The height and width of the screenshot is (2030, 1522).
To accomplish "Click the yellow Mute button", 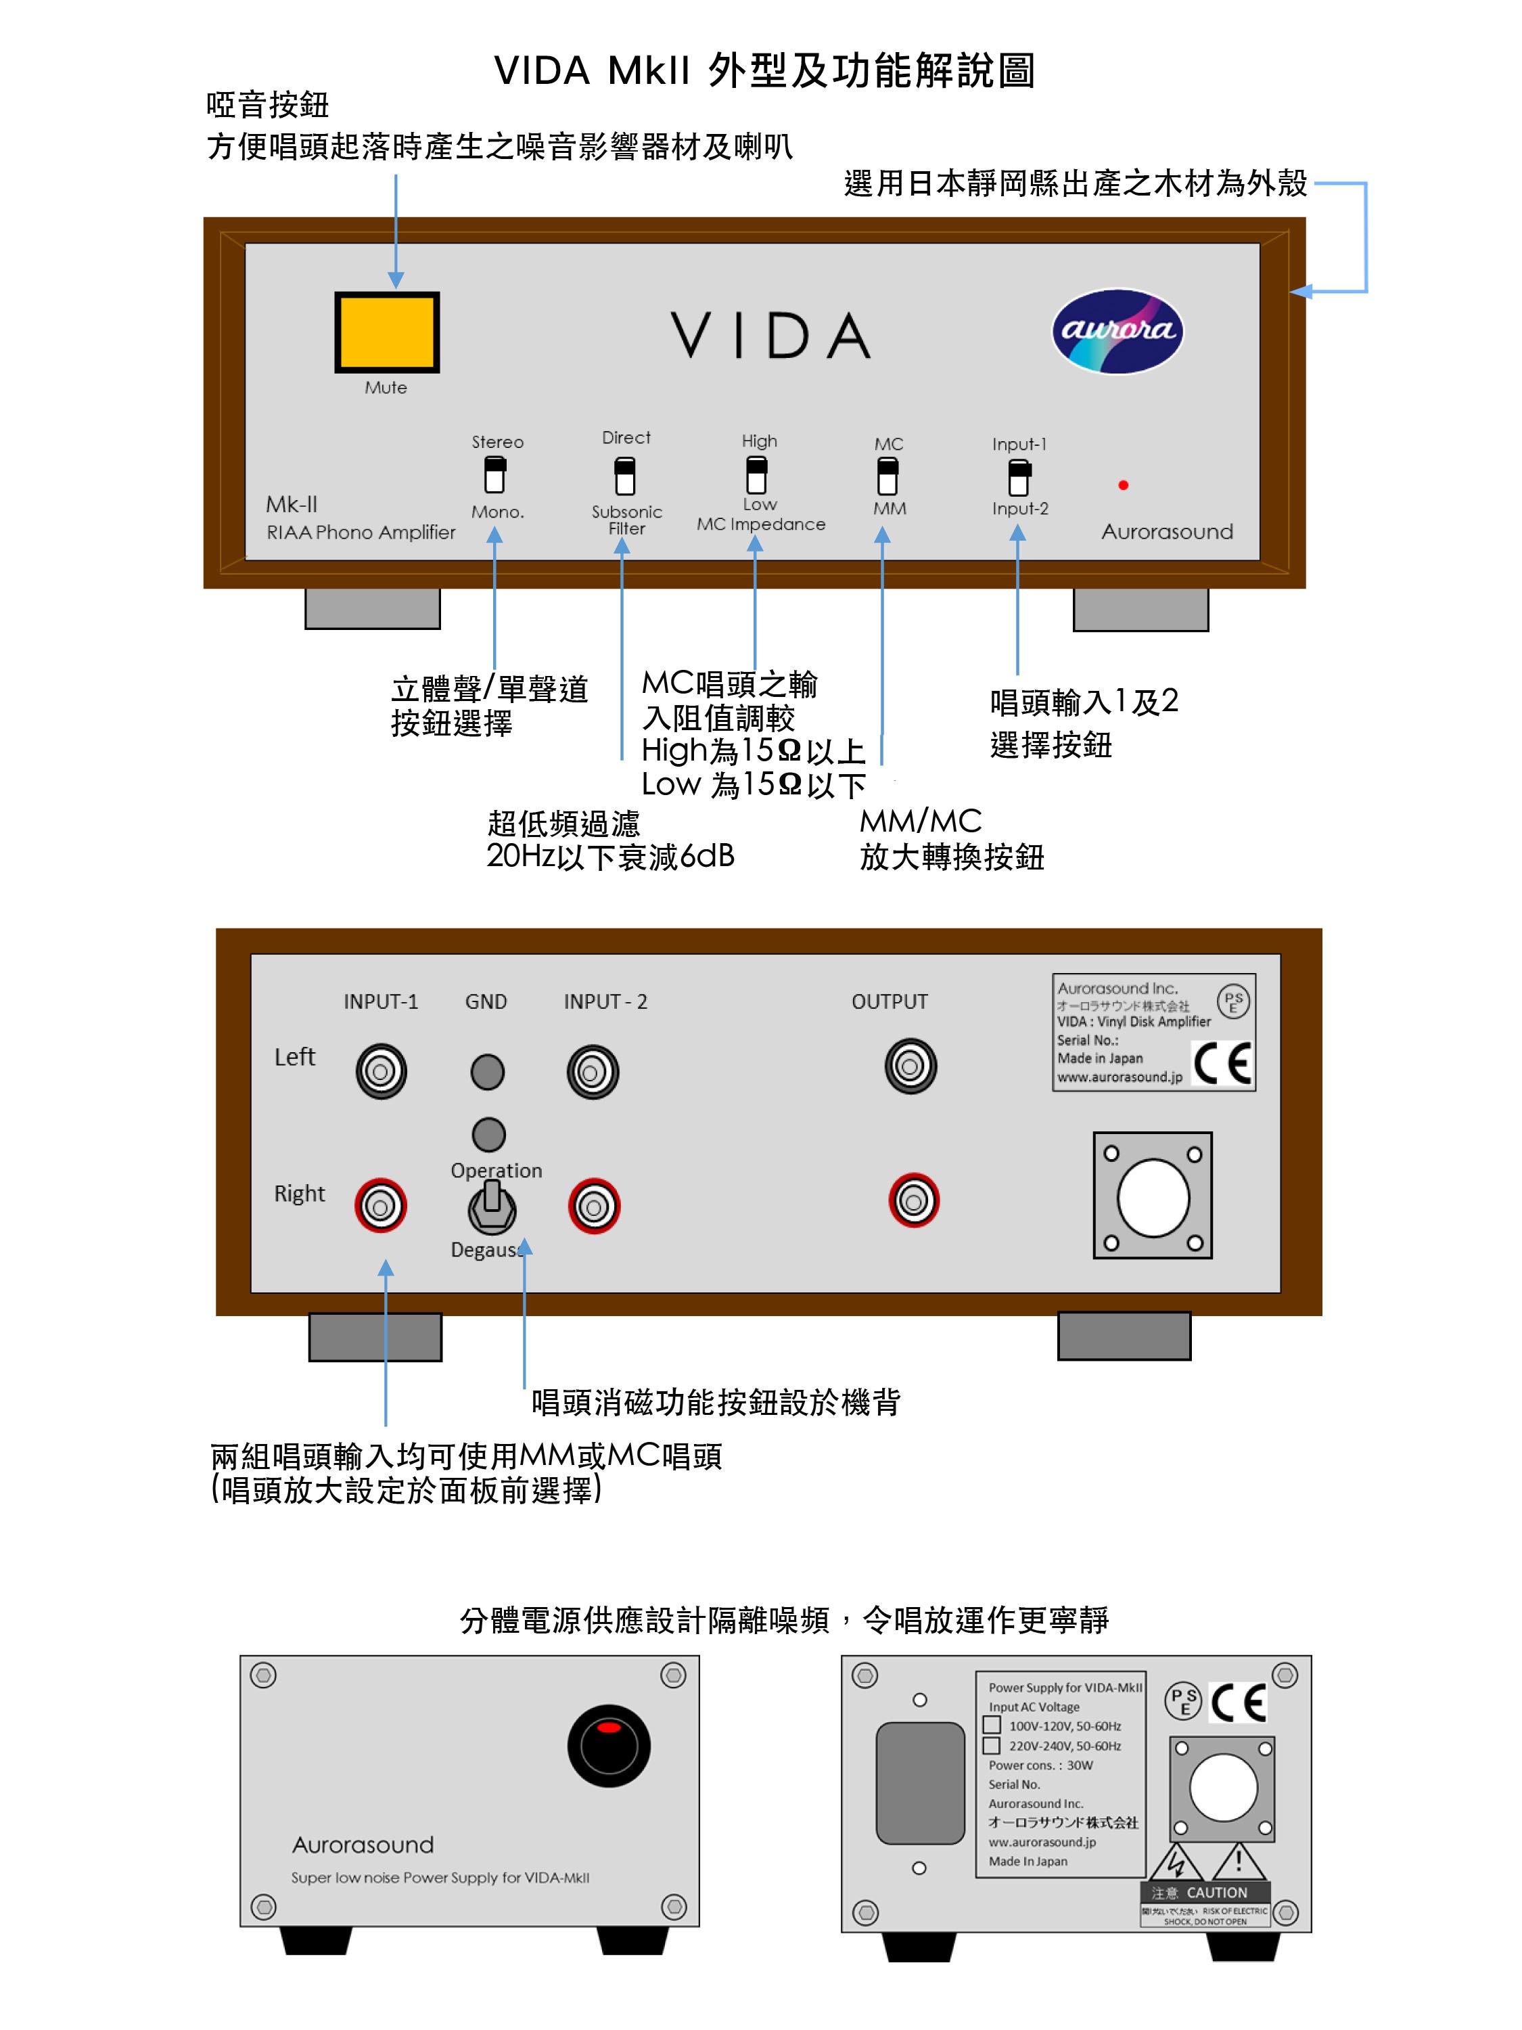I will pos(386,332).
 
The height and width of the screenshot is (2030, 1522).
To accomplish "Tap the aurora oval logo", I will pos(1117,332).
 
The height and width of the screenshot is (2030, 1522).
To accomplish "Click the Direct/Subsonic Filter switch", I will pos(625,476).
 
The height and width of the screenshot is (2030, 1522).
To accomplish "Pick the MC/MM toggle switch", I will pos(887,476).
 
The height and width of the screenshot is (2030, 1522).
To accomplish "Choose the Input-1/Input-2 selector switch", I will pos(1018,476).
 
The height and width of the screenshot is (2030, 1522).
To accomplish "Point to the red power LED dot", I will pos(1123,484).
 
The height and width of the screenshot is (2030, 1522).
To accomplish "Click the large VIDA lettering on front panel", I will pos(770,335).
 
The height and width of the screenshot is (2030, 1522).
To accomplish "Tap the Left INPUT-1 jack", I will pos(381,1071).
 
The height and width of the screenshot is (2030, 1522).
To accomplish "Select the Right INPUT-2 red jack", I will pos(593,1206).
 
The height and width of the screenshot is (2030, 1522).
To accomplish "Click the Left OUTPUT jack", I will pos(910,1066).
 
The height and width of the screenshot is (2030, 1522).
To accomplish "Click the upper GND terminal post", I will pos(487,1071).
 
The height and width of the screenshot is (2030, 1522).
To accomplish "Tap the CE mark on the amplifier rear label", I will pos(1222,1064).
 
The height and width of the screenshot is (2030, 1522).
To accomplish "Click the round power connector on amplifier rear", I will pos(1152,1198).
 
